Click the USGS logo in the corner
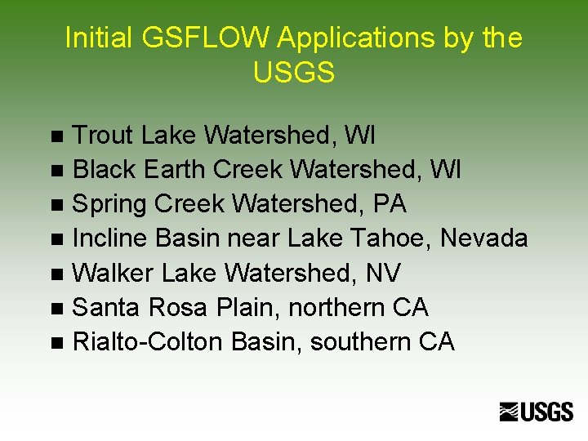(x=537, y=412)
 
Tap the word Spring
(x=109, y=204)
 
